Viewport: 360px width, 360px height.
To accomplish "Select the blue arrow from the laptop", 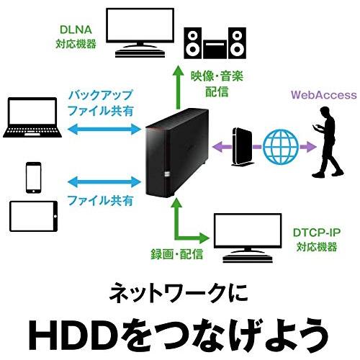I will (x=102, y=127).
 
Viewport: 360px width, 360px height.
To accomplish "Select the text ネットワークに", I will (x=180, y=292).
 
